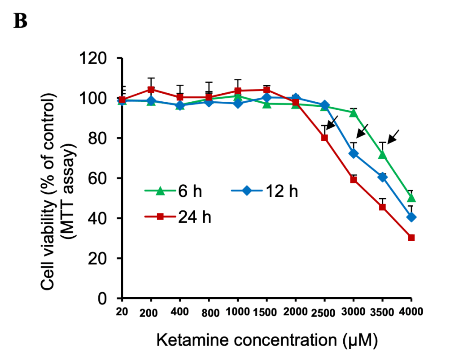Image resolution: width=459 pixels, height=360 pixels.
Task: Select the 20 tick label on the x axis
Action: [121, 311]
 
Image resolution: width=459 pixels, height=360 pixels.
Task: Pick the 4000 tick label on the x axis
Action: [411, 311]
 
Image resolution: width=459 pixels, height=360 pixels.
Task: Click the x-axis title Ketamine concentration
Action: [267, 341]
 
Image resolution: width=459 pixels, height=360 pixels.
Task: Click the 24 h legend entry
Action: [177, 217]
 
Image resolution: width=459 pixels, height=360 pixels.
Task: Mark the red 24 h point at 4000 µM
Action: [411, 238]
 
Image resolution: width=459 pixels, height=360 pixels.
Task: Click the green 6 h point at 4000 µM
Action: [411, 198]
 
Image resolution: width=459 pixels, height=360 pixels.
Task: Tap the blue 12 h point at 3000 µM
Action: [354, 153]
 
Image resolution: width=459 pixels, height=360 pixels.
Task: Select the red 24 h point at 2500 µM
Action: [324, 138]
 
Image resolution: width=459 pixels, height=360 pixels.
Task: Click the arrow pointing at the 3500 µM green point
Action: [393, 137]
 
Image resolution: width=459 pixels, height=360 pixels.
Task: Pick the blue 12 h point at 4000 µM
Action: [411, 217]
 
